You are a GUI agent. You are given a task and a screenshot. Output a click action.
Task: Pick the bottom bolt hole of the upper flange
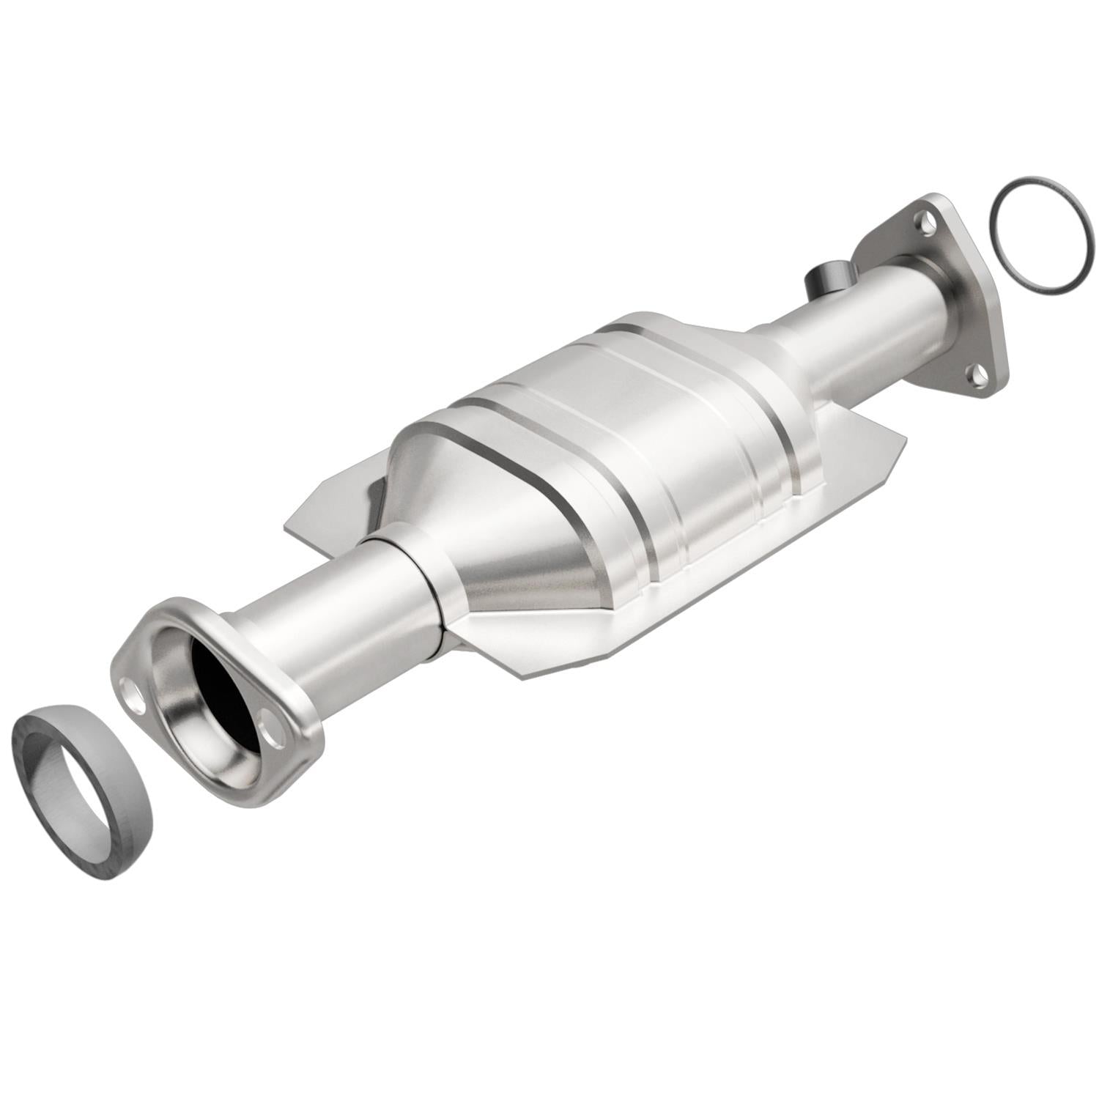click(x=976, y=377)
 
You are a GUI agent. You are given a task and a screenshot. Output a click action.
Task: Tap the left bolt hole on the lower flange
click(x=132, y=692)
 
